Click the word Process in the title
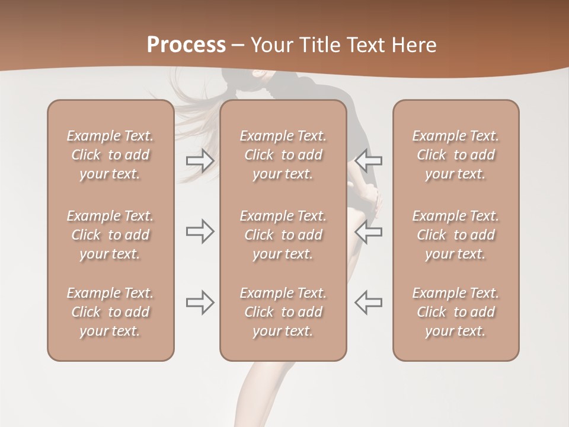coord(186,45)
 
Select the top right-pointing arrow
coord(200,161)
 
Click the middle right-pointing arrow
coord(200,232)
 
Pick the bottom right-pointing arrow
coord(200,302)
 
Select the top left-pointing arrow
coord(369,161)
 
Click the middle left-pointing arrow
coord(369,232)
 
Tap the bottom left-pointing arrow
coord(369,302)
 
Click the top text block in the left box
coord(110,155)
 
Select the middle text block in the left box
coord(110,235)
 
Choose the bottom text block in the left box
coord(110,312)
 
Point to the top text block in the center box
coord(283,155)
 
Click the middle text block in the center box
coord(283,235)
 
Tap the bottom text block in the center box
coord(283,312)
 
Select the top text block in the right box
coord(456,155)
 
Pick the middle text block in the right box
coord(456,235)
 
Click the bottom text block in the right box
coord(456,312)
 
